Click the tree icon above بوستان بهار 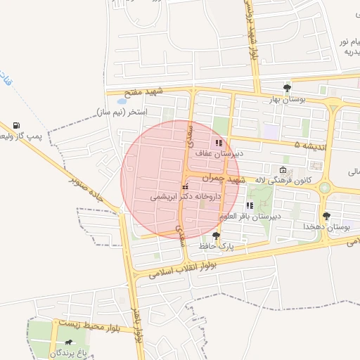coord(287,88)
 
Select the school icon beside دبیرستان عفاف coord(218,143)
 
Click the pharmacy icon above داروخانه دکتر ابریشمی coord(185,188)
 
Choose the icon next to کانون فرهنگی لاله coord(283,170)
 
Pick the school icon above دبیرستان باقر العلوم coord(250,205)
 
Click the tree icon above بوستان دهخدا coord(326,217)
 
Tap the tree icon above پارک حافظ coord(216,236)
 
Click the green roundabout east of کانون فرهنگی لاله coord(324,188)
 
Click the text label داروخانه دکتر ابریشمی coord(186,198)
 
